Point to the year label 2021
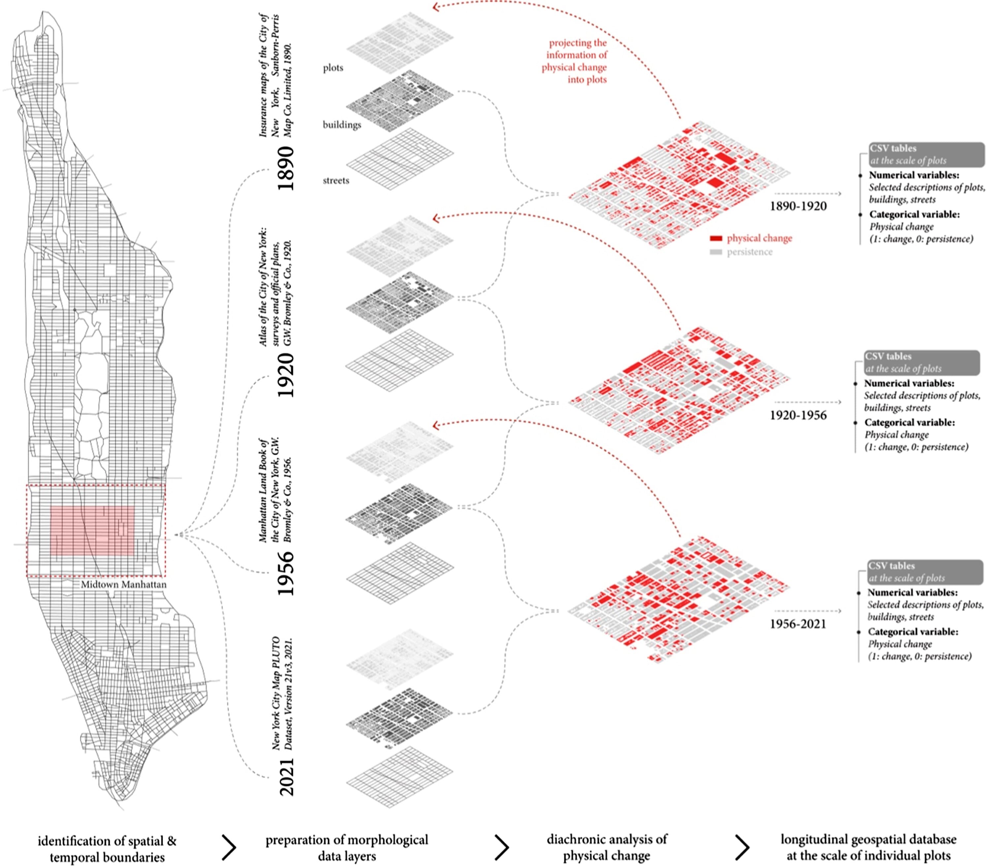click(286, 776)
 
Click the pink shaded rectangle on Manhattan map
click(92, 530)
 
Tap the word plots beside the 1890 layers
click(333, 68)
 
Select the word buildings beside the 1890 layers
click(341, 124)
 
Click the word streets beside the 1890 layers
click(336, 180)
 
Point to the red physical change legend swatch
click(716, 238)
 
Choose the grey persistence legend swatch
click(716, 252)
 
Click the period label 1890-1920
click(798, 206)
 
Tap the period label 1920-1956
click(798, 415)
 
